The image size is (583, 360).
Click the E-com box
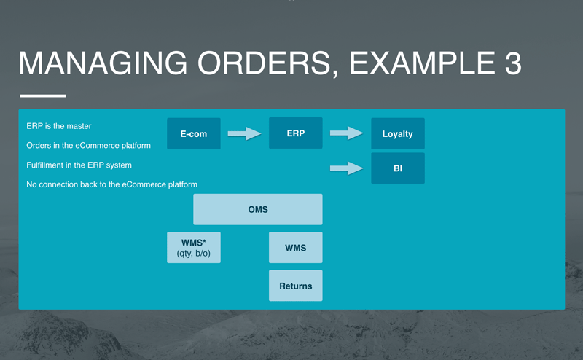click(193, 134)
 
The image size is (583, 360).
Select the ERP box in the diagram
click(295, 133)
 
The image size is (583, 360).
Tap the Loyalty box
click(397, 134)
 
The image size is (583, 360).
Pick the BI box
click(397, 168)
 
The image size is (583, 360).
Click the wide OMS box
click(257, 209)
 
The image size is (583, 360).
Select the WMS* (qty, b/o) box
click(193, 248)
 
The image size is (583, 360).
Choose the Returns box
click(295, 286)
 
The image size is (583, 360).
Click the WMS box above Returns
click(295, 248)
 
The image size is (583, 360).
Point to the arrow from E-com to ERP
click(244, 133)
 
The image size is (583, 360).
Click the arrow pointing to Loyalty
click(346, 133)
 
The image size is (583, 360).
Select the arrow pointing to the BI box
click(346, 168)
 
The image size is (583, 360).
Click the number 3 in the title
click(512, 64)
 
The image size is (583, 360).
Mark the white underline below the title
click(42, 95)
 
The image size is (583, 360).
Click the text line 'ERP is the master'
click(59, 126)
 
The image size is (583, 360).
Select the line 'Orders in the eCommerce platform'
click(88, 146)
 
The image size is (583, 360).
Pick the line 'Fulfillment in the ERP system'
click(79, 165)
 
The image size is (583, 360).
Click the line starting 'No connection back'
click(111, 185)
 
